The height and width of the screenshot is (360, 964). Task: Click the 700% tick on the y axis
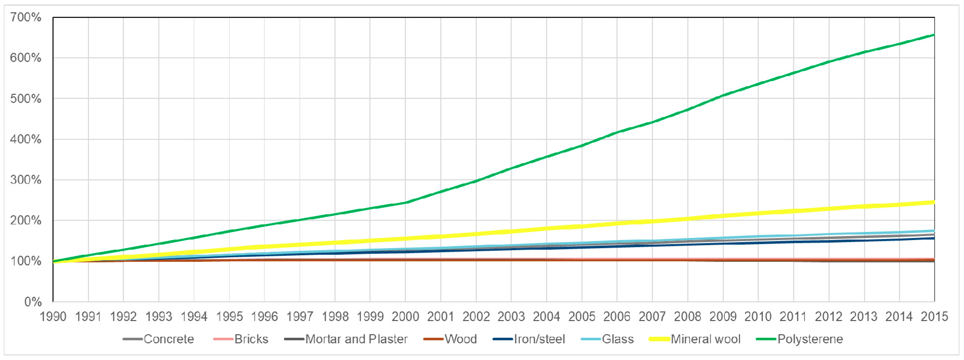click(x=26, y=17)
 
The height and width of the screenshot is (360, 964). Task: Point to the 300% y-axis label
click(x=26, y=180)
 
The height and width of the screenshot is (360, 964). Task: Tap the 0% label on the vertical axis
click(x=33, y=302)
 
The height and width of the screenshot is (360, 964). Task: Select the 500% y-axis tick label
click(x=26, y=99)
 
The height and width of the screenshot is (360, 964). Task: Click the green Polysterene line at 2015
click(x=933, y=35)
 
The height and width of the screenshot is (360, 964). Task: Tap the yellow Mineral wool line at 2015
click(x=933, y=202)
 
